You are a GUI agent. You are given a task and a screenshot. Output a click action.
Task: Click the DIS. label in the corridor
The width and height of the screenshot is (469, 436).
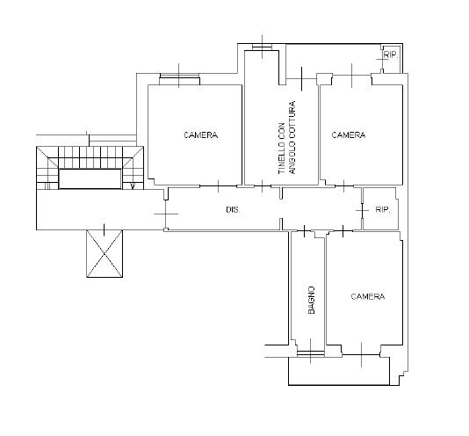point(233,209)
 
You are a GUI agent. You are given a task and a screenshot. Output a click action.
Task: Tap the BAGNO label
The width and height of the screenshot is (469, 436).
point(312,300)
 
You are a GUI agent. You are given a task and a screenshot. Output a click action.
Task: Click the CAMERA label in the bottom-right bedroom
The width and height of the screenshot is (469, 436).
point(368,296)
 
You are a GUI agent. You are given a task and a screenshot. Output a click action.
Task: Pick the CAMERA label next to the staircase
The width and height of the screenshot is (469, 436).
point(201,135)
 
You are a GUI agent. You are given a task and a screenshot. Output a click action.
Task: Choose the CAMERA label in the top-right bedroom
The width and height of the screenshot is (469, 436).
point(349,135)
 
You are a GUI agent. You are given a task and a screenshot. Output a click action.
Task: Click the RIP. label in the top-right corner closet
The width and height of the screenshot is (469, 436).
point(391,54)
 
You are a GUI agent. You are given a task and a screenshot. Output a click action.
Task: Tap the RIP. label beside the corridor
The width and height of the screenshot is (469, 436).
point(383,209)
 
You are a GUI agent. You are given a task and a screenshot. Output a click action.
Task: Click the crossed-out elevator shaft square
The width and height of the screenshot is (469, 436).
point(105,254)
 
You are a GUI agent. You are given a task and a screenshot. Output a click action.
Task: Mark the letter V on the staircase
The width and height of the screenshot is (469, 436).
point(133,186)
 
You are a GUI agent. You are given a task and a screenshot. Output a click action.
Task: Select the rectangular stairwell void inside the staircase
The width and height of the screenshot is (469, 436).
point(90,178)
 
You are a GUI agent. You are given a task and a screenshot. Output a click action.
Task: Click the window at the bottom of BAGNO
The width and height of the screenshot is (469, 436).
point(311,353)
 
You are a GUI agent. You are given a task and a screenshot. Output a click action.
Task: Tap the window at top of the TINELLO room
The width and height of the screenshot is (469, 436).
point(262,47)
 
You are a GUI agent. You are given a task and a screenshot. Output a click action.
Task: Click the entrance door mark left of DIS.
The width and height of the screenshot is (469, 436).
point(166,214)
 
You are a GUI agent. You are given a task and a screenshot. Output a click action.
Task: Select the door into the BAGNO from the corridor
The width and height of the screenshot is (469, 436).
point(305,231)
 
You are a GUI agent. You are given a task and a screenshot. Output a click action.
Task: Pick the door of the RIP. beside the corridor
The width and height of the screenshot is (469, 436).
point(362,210)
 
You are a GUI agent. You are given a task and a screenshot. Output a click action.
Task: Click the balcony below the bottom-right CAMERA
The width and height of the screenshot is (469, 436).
point(339,371)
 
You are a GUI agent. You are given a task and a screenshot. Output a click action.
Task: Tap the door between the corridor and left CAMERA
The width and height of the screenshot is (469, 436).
point(219,186)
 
